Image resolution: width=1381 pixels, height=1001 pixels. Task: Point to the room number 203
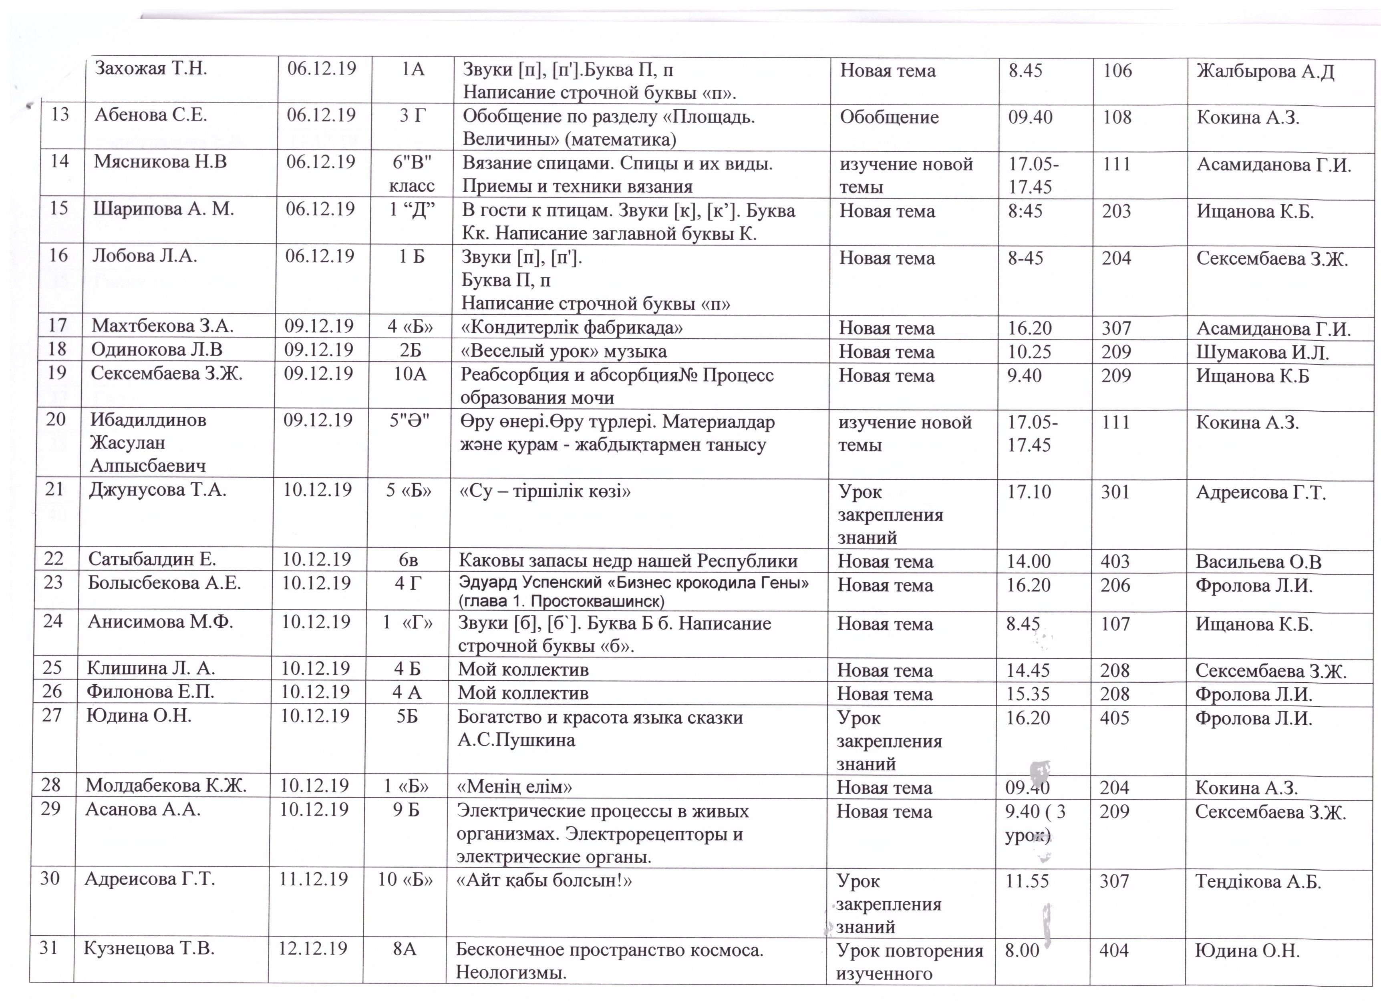coord(1116,211)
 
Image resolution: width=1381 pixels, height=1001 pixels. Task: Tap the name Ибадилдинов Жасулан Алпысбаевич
coord(148,443)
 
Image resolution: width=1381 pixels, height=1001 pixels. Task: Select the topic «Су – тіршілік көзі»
coord(544,491)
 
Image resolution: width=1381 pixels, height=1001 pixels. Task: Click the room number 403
coord(1115,561)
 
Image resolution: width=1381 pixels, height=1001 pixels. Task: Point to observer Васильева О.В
coord(1258,561)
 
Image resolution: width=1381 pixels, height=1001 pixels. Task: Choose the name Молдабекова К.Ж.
coord(166,786)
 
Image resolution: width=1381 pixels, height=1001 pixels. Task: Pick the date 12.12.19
coord(313,949)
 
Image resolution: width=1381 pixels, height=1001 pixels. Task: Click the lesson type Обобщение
coord(889,117)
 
